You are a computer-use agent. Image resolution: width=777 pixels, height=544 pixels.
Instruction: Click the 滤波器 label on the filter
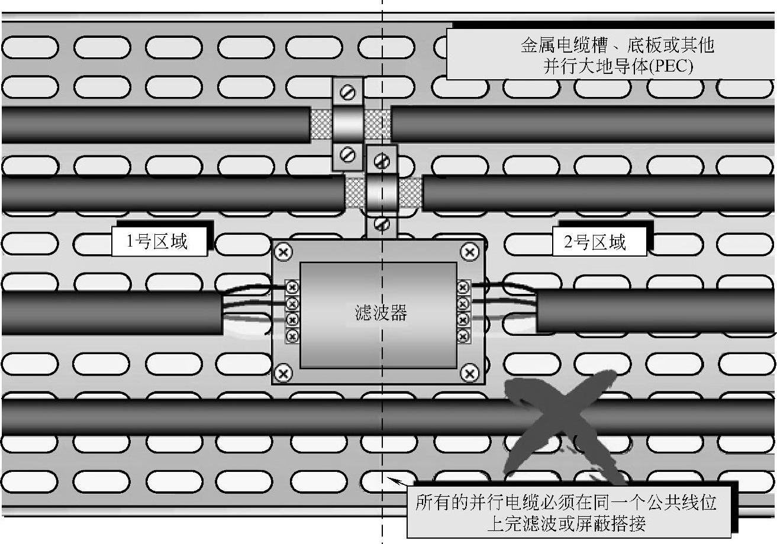click(381, 313)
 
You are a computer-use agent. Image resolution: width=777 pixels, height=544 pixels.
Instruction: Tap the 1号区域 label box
click(159, 242)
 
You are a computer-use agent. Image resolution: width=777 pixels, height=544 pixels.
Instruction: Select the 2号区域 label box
click(599, 242)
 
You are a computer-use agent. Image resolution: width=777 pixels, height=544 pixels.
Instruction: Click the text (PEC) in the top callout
click(671, 66)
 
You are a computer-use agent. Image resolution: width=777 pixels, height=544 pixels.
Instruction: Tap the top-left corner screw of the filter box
click(283, 252)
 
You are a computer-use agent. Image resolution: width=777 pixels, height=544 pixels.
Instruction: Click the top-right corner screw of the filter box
click(470, 252)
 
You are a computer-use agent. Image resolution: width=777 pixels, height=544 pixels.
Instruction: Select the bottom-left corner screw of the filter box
click(283, 373)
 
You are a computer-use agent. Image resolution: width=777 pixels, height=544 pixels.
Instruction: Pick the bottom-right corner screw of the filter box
click(470, 373)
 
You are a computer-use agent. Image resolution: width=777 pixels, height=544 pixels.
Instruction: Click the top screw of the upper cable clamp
click(348, 92)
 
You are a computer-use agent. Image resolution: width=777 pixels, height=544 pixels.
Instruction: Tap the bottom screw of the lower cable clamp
click(382, 225)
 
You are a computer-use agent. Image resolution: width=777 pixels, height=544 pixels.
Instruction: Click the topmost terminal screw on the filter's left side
click(292, 287)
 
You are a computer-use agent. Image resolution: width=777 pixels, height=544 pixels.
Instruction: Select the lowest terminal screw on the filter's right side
click(463, 336)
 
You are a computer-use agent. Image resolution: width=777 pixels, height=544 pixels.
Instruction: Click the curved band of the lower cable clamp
click(382, 193)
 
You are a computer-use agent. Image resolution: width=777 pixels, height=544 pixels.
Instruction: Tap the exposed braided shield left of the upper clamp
click(321, 124)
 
